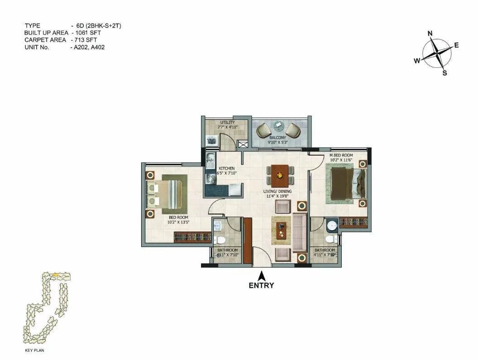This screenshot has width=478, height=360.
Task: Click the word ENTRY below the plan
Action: (261, 285)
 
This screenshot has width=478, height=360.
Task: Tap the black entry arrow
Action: (261, 275)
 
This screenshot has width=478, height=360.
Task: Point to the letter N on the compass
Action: (430, 33)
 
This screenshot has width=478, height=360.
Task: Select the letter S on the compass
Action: (445, 73)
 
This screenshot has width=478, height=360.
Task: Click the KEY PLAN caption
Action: (34, 350)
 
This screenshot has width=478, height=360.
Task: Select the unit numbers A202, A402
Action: (90, 47)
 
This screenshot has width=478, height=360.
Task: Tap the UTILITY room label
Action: (227, 123)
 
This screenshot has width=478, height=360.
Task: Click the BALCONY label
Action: (277, 137)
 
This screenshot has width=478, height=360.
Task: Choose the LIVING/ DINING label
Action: (277, 191)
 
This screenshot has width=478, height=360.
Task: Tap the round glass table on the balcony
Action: (278, 126)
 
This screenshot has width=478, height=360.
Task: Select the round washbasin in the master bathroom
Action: (333, 225)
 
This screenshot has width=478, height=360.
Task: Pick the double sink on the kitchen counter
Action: (210, 159)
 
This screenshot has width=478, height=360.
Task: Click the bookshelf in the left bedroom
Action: (193, 237)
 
